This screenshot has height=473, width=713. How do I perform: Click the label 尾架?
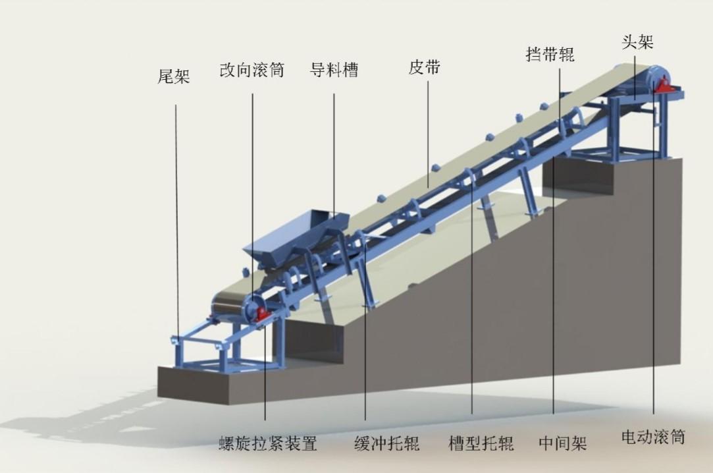point(173,76)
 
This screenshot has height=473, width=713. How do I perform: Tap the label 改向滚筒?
point(252,70)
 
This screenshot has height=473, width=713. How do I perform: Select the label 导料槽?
point(334,70)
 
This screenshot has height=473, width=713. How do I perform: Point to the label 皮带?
point(424,67)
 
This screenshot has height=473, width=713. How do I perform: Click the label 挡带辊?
point(550,54)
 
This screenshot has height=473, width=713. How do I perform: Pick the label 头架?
point(637,42)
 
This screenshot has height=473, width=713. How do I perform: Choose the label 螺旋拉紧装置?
point(267,443)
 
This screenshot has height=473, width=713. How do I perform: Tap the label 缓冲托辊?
point(386,443)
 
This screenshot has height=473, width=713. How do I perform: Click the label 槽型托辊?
point(481,443)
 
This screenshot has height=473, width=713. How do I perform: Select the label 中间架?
point(562,443)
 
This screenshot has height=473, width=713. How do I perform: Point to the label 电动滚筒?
point(653,437)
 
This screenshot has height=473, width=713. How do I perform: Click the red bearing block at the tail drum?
point(261,314)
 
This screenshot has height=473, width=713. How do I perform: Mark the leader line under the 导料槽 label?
point(334,156)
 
